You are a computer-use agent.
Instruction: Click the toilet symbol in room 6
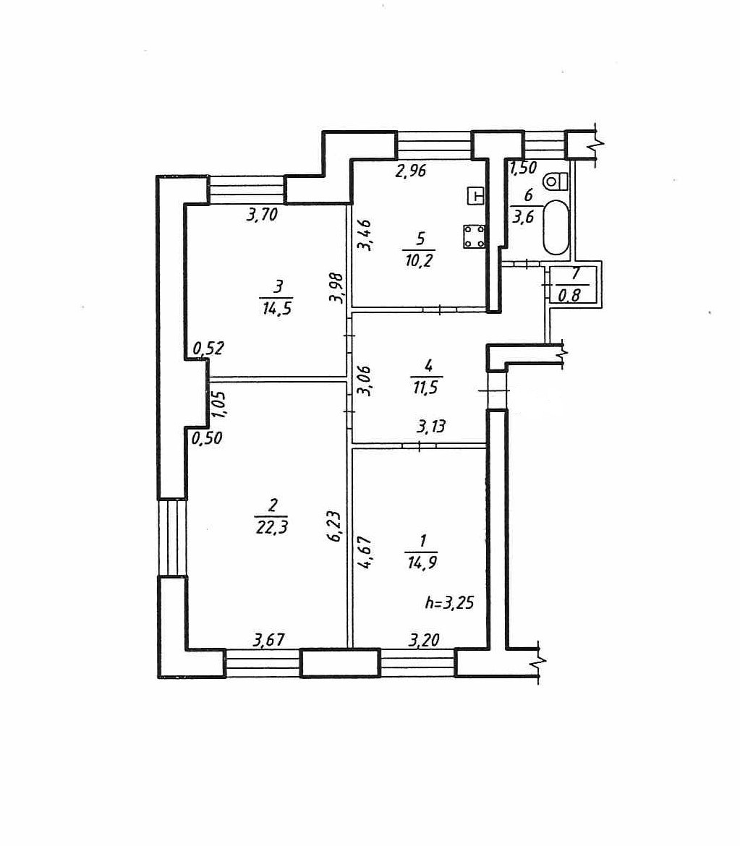555,179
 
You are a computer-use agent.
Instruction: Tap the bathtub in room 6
556,227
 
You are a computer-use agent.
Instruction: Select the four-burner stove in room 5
475,236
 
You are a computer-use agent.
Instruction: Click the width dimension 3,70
261,215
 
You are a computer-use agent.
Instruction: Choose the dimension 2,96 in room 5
410,171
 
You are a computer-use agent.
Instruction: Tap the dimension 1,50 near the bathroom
523,169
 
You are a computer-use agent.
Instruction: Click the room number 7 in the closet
576,274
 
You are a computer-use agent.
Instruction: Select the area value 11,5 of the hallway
427,387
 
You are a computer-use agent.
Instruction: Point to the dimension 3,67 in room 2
268,639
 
